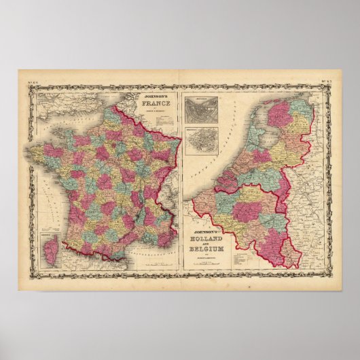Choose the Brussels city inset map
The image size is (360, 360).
202,139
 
